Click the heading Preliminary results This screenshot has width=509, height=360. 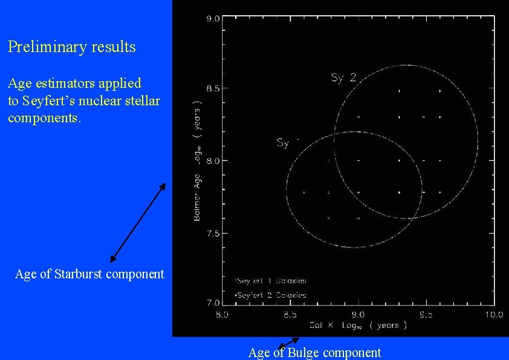pos(72,47)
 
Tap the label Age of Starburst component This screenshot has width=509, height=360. pos(89,274)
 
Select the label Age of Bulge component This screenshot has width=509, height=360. pos(315,352)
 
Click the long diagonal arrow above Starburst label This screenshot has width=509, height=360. pos(138,222)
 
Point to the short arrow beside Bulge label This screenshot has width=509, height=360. pos(288,342)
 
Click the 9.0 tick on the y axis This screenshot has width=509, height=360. pos(213,19)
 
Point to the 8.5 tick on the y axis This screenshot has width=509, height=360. pos(213,89)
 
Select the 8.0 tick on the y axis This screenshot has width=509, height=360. pos(213,160)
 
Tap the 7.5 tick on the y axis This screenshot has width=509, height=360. pos(213,233)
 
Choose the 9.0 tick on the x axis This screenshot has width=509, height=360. pos(358,314)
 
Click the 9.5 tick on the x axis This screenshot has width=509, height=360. pos(427,314)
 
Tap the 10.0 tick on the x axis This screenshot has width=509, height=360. pos(494,314)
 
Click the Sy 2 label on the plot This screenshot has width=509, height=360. pos(345,77)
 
